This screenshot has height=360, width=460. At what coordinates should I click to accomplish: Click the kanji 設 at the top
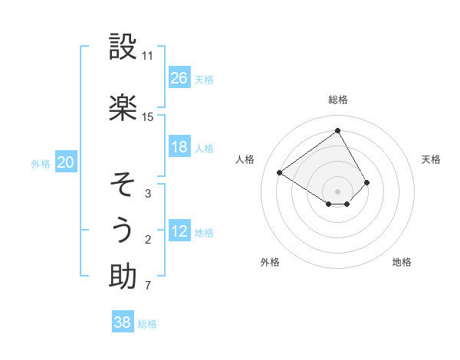point(123,47)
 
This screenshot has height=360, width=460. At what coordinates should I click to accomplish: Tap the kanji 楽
point(123,107)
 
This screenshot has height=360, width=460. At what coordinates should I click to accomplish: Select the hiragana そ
point(123,184)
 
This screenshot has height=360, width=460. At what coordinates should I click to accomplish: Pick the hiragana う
point(123,230)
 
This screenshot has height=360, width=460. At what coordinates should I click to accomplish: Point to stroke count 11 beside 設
point(147,56)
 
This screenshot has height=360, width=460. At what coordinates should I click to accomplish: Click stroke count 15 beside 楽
point(147,116)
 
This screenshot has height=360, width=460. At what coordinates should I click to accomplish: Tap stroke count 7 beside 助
point(147,286)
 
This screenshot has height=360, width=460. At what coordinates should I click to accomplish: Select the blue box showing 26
point(179,78)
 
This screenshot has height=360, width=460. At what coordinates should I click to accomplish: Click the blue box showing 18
point(179,147)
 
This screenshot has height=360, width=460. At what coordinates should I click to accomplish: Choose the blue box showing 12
point(179,232)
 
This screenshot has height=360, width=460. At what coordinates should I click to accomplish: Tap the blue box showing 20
point(66,162)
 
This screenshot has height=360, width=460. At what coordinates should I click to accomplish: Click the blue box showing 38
point(122,322)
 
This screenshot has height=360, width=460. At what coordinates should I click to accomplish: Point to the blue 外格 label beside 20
point(41,163)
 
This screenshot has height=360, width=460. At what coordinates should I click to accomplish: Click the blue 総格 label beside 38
point(148,324)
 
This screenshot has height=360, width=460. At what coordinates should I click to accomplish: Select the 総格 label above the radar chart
point(337,100)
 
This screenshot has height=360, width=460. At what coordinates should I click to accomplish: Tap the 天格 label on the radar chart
point(432,159)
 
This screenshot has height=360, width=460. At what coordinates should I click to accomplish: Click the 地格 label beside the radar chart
point(402,262)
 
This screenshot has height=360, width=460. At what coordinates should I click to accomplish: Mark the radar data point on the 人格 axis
point(280,172)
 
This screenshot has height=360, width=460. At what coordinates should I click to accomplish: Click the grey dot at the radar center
point(337,191)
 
